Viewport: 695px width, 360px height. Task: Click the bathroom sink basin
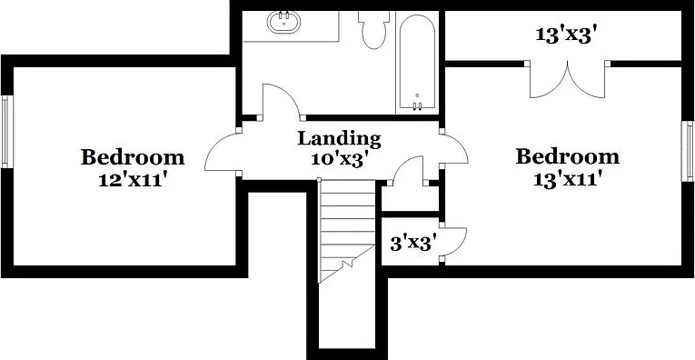(283, 21)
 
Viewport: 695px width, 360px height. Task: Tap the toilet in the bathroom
(373, 29)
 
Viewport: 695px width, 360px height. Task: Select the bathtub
(417, 62)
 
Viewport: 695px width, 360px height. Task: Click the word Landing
(339, 138)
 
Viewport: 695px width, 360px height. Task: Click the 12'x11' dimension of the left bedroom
(133, 180)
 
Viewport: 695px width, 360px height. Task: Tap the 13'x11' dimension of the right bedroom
(568, 180)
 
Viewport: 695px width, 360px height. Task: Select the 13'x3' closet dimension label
(563, 35)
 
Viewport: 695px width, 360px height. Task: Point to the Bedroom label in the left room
(133, 157)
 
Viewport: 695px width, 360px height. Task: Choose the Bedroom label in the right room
(567, 157)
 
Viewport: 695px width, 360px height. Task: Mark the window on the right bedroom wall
(688, 151)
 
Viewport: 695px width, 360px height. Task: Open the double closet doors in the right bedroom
(567, 80)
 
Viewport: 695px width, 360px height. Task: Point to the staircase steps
(347, 231)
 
